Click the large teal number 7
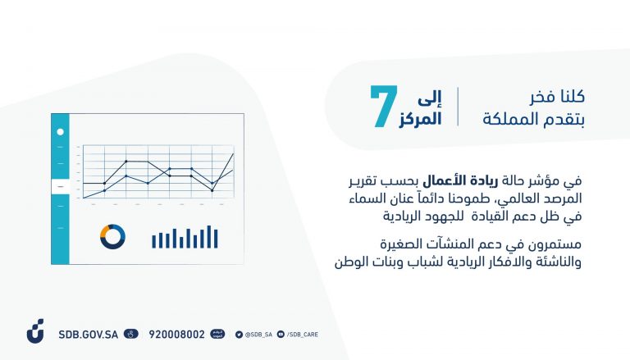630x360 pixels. (384, 107)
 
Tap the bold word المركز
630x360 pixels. (420, 119)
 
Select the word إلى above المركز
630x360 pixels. (430, 98)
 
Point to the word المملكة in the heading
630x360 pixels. (507, 120)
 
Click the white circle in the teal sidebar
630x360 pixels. (60, 132)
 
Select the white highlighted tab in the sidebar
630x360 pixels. (60, 186)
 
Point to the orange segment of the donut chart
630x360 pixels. (105, 230)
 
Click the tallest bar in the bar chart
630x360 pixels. (209, 237)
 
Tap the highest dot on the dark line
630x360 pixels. (126, 161)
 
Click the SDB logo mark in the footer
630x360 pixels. (36, 331)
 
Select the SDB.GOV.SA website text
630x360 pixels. (89, 335)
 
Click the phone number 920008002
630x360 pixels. (177, 335)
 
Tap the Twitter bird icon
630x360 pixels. (239, 335)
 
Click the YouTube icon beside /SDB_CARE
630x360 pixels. (281, 335)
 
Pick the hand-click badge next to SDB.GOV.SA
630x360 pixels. (131, 334)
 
